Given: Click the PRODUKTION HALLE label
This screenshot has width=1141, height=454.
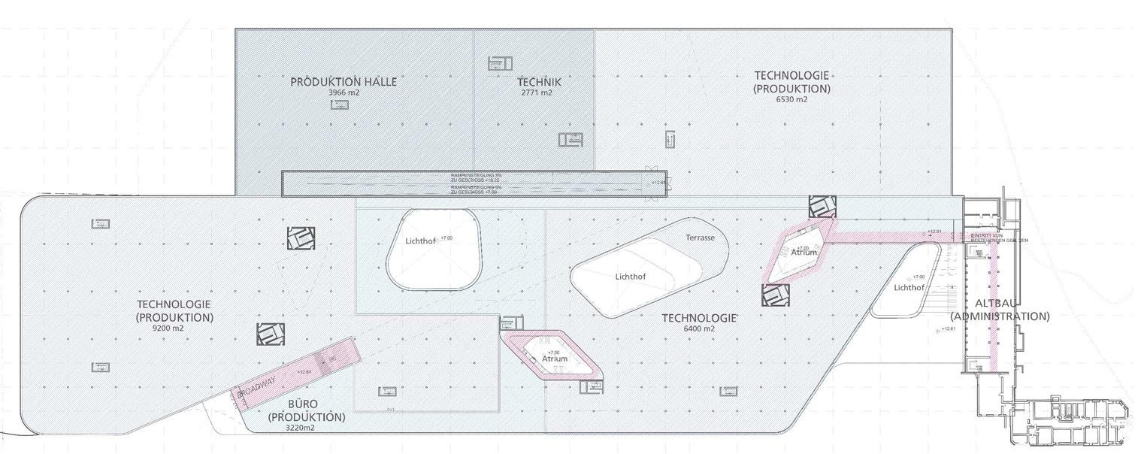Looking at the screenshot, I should click(344, 81).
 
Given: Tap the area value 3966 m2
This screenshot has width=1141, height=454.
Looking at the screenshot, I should click(343, 92).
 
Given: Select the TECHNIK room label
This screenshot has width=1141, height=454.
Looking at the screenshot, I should click(539, 81).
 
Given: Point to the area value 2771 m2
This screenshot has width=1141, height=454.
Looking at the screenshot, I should click(537, 92).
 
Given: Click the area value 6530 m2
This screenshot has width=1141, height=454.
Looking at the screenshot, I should click(791, 99).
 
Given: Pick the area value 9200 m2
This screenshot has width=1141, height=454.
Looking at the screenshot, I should click(168, 328).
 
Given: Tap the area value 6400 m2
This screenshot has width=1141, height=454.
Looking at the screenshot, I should click(699, 328).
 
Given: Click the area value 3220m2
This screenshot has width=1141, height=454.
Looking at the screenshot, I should click(305, 428).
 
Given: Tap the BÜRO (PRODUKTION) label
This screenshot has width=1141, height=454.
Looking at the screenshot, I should click(306, 410).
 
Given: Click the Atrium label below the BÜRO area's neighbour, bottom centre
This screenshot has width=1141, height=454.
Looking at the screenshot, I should click(555, 359).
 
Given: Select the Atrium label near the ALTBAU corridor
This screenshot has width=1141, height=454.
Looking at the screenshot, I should click(804, 253).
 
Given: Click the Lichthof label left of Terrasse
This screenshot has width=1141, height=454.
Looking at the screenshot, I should click(630, 277).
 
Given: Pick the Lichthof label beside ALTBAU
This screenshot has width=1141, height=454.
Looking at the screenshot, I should click(909, 287).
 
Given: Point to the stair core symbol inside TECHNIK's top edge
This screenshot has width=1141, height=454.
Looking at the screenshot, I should click(499, 63).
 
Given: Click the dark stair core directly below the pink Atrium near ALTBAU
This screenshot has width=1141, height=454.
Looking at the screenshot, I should click(776, 295).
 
